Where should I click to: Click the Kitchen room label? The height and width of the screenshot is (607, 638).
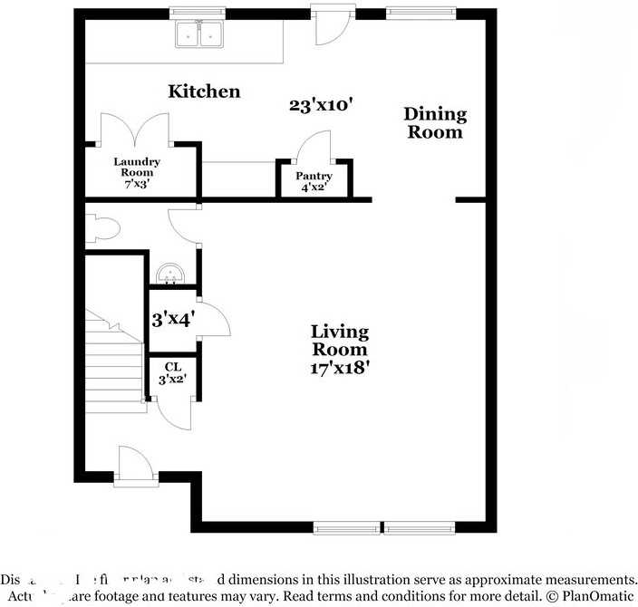[204, 92]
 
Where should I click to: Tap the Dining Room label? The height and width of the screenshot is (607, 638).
[435, 122]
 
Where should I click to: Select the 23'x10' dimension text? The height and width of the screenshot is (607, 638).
[320, 105]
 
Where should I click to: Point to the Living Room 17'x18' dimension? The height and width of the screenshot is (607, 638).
[340, 368]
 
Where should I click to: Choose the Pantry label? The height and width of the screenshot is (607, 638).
[314, 181]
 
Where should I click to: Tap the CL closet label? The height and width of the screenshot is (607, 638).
[172, 372]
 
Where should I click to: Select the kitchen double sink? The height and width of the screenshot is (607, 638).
[199, 34]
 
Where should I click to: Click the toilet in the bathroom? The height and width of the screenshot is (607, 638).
[100, 227]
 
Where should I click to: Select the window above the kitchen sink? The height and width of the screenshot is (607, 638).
[199, 12]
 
